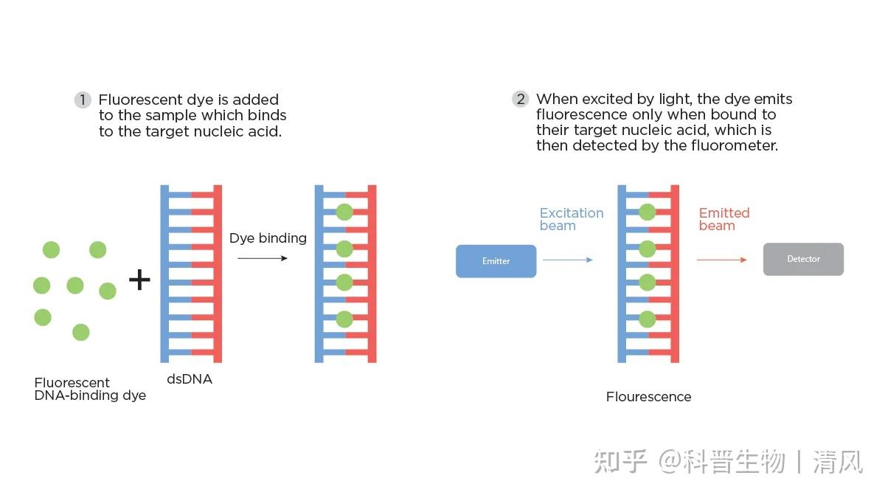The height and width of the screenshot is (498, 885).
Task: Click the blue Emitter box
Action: tap(496, 261)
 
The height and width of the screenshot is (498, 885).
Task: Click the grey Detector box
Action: tap(803, 260)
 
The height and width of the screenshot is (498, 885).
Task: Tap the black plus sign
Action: tap(139, 280)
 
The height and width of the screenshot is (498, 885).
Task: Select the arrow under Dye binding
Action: tap(263, 258)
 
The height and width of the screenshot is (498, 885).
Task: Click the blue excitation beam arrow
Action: tap(567, 260)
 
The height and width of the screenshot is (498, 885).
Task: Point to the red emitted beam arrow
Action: tap(721, 260)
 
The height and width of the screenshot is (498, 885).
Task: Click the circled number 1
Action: tap(83, 100)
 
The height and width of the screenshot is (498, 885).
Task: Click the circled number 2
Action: tap(521, 99)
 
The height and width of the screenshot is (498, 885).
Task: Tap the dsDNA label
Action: tap(190, 379)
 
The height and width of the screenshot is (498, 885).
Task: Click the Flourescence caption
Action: tap(648, 397)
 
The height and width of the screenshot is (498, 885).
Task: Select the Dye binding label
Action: tap(268, 238)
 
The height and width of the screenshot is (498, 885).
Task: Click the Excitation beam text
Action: tap(571, 219)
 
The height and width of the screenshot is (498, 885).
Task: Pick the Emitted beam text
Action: tap(723, 219)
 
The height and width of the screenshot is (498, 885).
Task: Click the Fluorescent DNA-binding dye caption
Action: tap(90, 389)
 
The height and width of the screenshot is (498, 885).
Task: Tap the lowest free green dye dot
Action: tap(81, 333)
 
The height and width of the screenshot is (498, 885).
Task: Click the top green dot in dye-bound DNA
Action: tap(344, 212)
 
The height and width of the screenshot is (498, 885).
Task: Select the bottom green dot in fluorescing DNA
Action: tap(647, 319)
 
